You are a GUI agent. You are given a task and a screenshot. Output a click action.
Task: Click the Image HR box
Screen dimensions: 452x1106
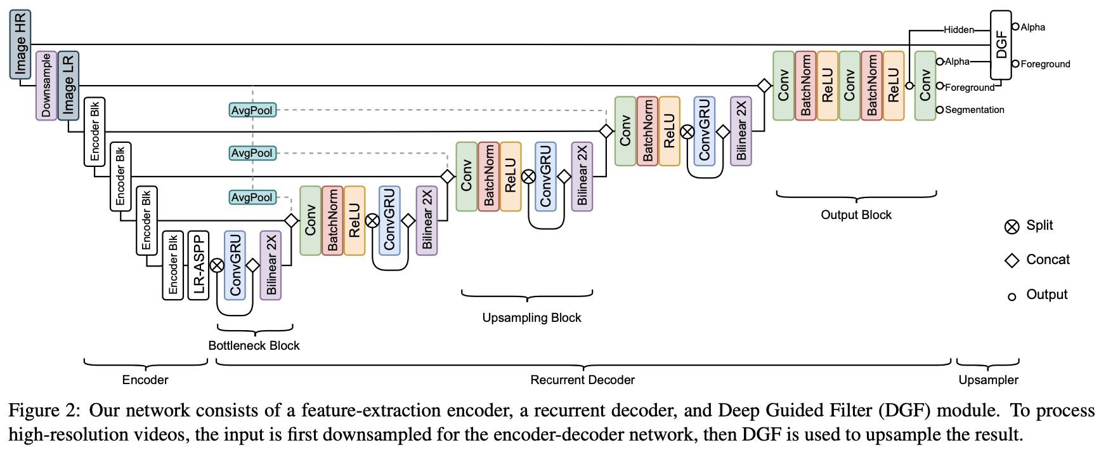[x=20, y=44]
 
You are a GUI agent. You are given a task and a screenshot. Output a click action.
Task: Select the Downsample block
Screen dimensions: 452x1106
[x=46, y=86]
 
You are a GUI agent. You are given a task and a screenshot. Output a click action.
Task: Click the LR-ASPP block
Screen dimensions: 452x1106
[x=198, y=265]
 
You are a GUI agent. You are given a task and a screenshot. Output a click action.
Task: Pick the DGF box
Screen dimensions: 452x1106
[x=1001, y=44]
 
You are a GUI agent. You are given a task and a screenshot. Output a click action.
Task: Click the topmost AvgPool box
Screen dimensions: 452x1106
[x=252, y=110]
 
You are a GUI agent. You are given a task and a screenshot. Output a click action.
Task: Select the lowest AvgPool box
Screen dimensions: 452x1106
[x=252, y=197]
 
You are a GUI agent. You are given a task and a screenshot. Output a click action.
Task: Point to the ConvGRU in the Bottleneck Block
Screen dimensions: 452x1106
[x=235, y=265]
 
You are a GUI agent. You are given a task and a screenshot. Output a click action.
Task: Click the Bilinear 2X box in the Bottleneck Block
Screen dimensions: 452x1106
[x=271, y=265]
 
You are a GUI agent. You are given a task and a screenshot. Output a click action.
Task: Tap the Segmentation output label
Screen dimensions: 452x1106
[x=974, y=110]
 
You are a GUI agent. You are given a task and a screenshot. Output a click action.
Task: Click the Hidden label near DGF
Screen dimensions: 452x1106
[x=958, y=30]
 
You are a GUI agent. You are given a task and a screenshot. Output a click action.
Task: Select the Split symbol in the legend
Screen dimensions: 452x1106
[x=1012, y=227]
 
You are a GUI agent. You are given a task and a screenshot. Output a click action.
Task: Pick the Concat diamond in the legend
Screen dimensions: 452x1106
[x=1012, y=261]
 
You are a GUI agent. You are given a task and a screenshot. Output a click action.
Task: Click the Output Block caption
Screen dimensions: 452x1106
[x=856, y=215]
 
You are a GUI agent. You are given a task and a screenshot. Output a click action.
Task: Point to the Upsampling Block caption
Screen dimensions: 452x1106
[x=531, y=318]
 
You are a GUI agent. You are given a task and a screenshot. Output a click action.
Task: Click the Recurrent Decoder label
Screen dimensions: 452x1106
[x=582, y=380]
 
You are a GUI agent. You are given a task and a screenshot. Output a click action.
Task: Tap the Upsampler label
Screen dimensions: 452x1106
[x=988, y=380]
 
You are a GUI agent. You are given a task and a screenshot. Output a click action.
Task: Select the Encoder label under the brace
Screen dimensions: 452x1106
[x=145, y=380]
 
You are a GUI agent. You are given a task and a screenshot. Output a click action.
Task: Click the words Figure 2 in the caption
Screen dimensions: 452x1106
[x=44, y=411]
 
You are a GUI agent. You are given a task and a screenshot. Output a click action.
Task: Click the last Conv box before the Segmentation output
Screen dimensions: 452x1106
[x=925, y=86]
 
